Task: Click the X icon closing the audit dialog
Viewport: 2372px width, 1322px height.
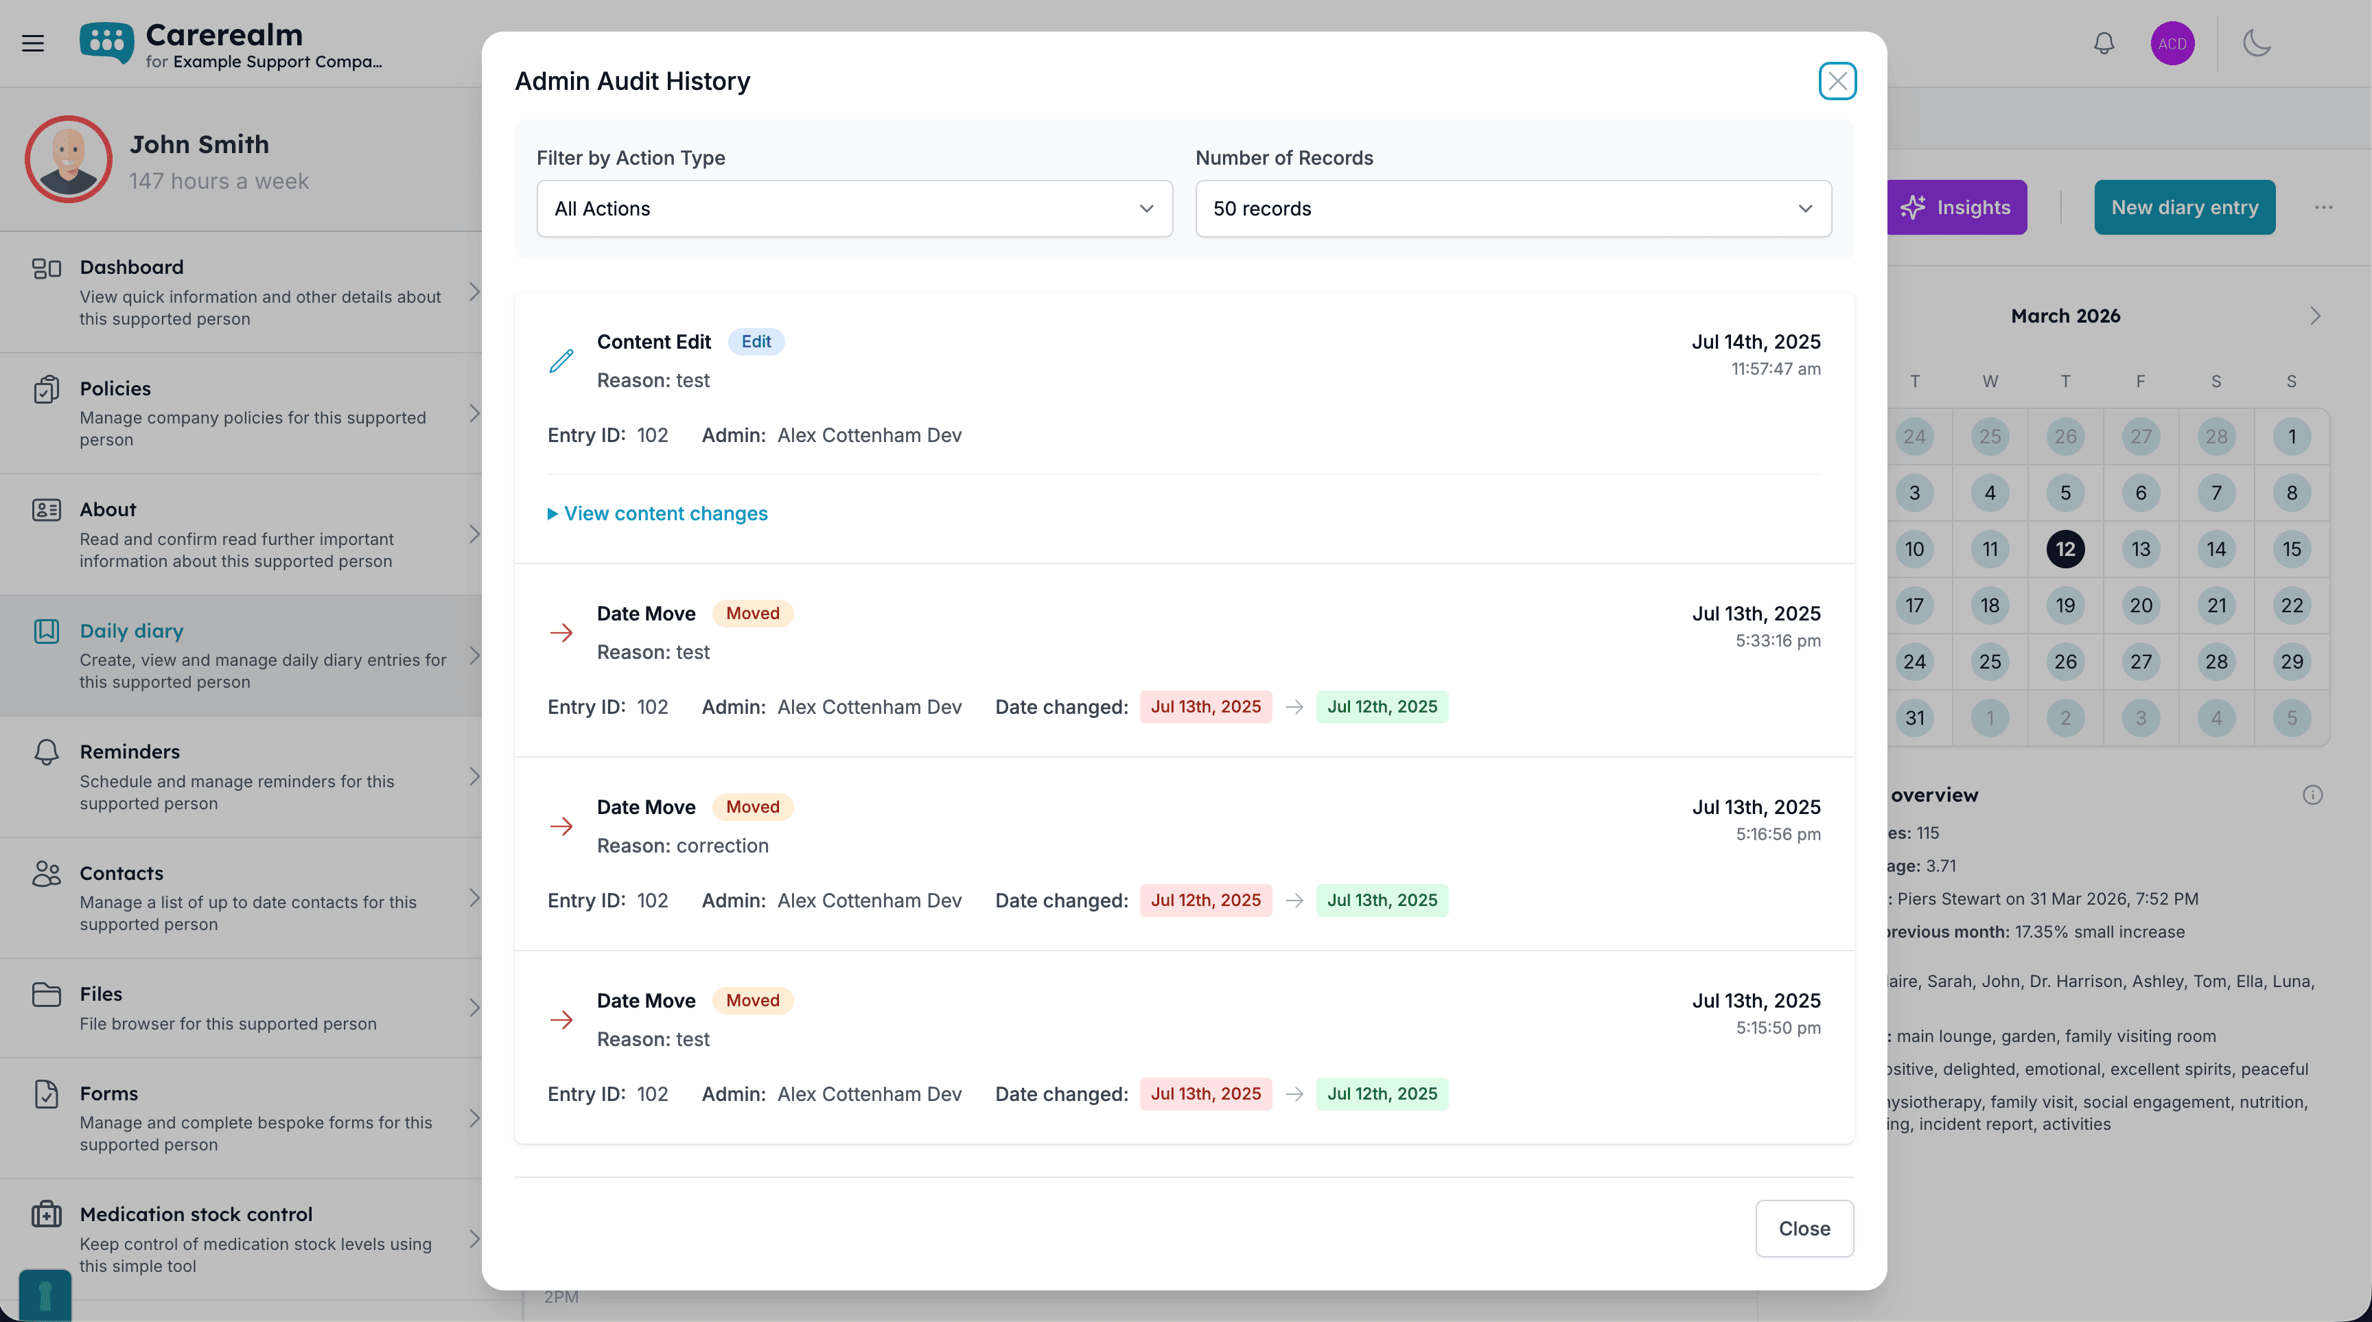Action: click(x=1837, y=81)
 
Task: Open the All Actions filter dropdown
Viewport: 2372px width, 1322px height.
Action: click(x=854, y=209)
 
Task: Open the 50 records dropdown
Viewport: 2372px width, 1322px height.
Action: click(x=1513, y=209)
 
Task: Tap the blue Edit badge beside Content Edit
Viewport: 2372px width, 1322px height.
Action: click(x=756, y=342)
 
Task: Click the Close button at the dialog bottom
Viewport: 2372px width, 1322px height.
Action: click(x=1804, y=1228)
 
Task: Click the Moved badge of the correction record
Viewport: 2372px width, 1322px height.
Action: click(x=752, y=807)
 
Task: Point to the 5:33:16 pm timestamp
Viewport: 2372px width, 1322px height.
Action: click(x=1777, y=640)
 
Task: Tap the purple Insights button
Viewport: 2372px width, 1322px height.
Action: click(x=1956, y=207)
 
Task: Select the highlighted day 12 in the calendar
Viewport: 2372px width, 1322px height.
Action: click(x=2065, y=550)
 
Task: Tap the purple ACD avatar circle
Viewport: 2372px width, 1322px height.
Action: click(x=2172, y=43)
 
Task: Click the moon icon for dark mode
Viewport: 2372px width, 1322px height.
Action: click(x=2256, y=43)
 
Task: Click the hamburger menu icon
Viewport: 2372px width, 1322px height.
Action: click(x=33, y=43)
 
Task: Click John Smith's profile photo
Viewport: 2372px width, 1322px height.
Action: click(x=68, y=159)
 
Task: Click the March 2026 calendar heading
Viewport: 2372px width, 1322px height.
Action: click(x=2065, y=316)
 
